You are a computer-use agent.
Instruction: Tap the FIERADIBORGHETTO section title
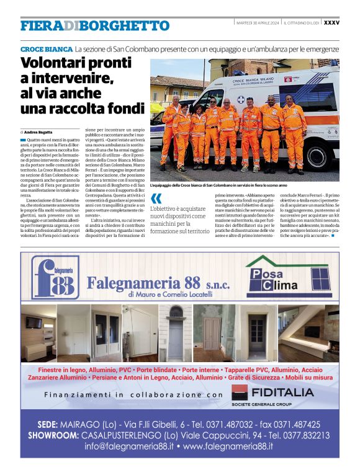(94, 26)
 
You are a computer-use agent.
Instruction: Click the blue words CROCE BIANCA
(46, 48)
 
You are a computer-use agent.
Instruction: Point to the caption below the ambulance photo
(227, 185)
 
